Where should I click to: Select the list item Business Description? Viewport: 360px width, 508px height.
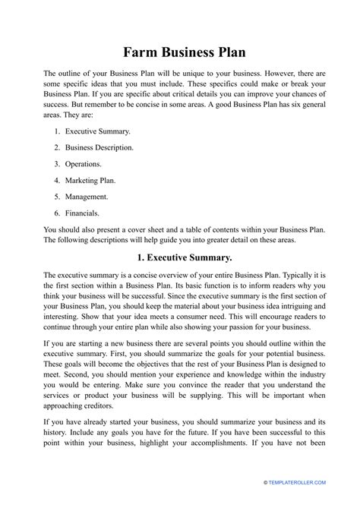[99, 147]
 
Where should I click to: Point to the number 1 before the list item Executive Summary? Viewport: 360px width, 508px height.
[57, 131]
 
